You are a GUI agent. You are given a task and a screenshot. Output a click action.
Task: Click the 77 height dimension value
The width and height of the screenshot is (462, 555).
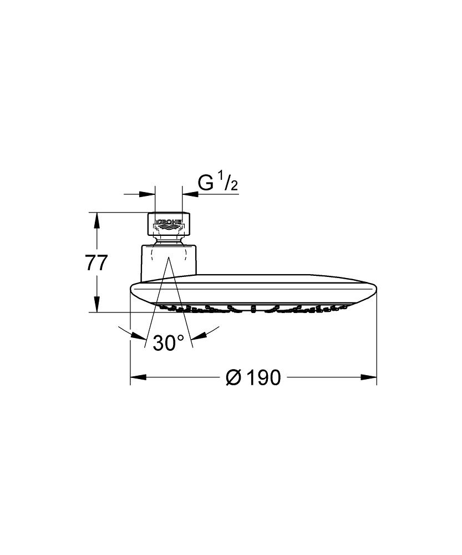point(96,263)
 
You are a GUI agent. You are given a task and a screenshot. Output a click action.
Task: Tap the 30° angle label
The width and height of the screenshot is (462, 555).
point(169,342)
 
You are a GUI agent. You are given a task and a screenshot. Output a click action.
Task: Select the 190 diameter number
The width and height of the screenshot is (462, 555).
point(263,377)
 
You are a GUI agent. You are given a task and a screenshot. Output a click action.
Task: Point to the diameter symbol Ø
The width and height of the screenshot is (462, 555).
point(233,377)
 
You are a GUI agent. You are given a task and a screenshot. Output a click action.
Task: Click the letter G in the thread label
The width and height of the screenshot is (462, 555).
point(206,183)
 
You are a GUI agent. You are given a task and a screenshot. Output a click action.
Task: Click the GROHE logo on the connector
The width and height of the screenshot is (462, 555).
point(169,223)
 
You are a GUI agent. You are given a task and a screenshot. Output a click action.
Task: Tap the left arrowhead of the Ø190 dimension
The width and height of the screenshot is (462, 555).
point(139,377)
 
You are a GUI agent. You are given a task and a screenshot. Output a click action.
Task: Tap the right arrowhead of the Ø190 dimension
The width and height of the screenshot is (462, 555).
point(368,377)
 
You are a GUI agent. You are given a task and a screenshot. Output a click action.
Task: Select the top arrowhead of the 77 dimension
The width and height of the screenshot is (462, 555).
point(96,221)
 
